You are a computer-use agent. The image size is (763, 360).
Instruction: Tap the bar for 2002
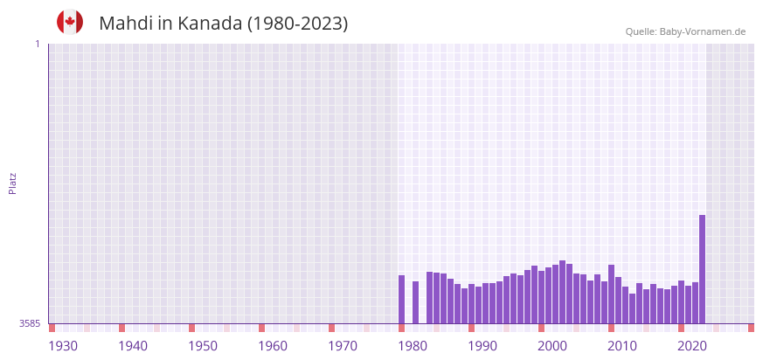pos(562,292)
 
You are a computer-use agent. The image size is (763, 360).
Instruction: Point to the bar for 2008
pos(611,294)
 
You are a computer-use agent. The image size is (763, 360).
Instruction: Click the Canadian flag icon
pos(70,22)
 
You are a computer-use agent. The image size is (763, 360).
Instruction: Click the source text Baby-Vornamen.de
pos(703,31)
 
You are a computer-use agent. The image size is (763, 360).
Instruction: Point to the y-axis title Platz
pos(12,183)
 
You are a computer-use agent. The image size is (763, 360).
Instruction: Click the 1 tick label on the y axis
pos(37,44)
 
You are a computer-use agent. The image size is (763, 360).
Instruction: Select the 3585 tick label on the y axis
pos(30,323)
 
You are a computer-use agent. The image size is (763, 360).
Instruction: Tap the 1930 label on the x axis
pos(63,346)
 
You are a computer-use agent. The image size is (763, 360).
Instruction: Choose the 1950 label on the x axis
pos(203,346)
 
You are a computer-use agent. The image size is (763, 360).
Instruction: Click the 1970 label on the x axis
pos(343,346)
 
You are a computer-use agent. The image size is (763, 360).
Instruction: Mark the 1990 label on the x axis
pos(482,346)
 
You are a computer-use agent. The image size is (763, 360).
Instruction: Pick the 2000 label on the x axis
pos(552,346)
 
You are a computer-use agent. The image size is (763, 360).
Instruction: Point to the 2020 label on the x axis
pos(692,346)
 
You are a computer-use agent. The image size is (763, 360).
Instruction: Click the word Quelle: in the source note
pos(641,31)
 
